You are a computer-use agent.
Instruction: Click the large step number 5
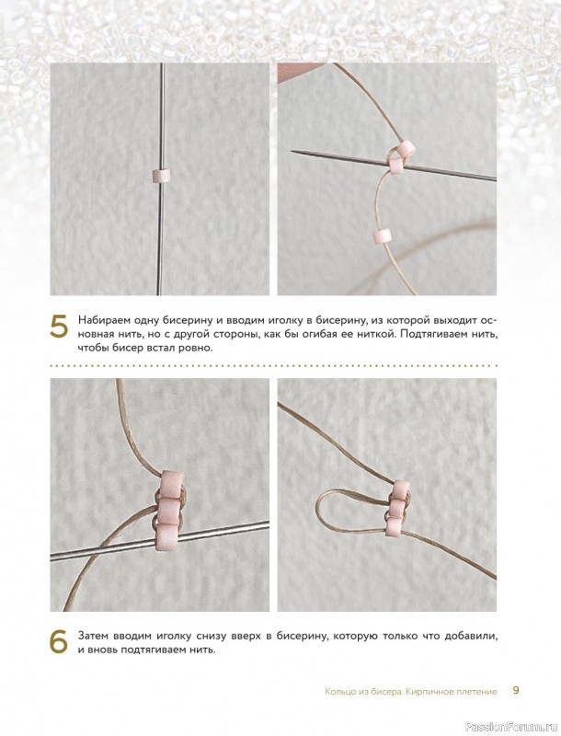pos(60,328)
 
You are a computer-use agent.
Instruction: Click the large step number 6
pos(60,643)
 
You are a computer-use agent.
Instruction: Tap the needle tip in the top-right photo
pos(292,151)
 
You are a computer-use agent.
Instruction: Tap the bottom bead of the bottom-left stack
pos(168,536)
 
